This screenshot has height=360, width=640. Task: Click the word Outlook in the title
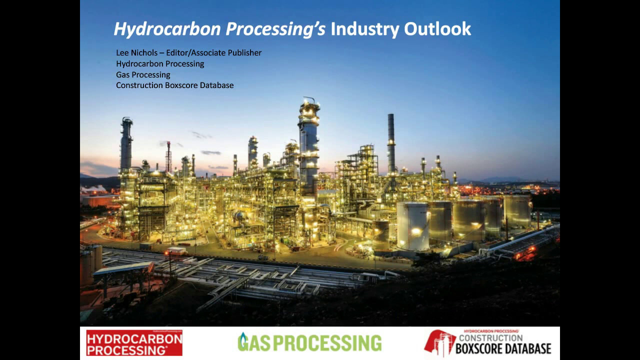point(437,29)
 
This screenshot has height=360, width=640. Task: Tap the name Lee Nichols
point(136,52)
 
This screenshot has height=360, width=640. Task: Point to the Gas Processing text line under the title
point(143,74)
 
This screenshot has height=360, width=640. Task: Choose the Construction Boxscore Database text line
point(174,85)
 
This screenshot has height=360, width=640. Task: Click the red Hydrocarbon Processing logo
point(134,343)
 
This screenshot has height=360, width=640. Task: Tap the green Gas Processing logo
point(309,342)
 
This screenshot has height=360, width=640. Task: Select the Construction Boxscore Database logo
point(487,343)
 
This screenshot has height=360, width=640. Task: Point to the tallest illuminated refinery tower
point(308,145)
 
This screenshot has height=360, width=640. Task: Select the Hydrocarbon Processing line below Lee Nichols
point(160,63)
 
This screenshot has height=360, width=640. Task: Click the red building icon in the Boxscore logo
point(439,343)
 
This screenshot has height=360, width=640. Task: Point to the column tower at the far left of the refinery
point(126,145)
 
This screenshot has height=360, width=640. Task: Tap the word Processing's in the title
point(275,29)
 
